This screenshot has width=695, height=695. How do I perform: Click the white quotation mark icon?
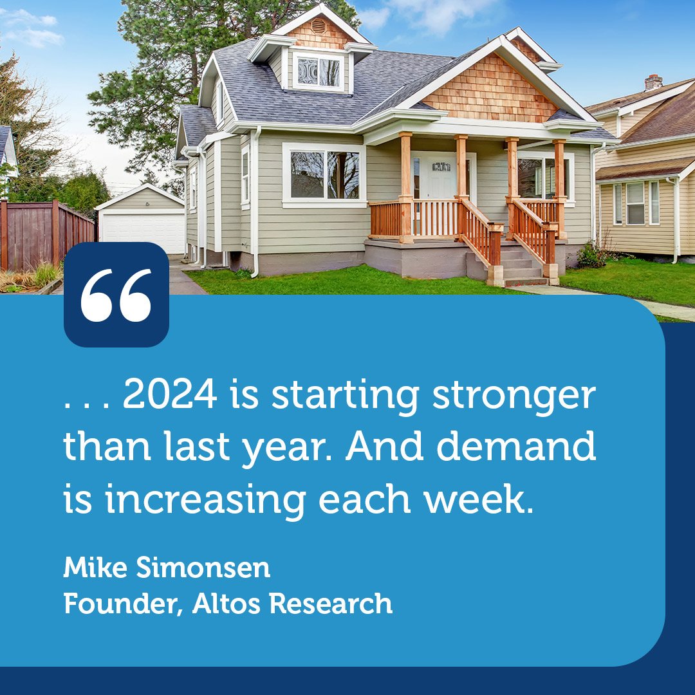pos(116,295)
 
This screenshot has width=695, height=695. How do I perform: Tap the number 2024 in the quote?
pos(170,397)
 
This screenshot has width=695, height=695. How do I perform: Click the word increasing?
pos(205,501)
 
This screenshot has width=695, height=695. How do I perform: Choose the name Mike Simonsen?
pos(167,568)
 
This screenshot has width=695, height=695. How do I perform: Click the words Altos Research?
pos(292,604)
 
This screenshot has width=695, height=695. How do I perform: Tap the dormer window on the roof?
pos(318,71)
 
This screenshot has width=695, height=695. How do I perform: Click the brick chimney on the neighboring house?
pos(653,82)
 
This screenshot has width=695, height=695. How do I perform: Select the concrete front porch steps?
pos(521,266)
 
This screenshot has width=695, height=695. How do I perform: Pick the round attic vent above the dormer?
pos(318,25)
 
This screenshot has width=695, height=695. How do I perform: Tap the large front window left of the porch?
pos(324,175)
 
